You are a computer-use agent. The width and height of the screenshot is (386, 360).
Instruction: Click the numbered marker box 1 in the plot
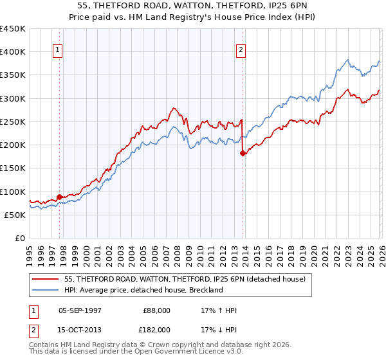click(x=58, y=51)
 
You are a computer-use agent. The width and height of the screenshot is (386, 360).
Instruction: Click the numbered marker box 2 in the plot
click(x=241, y=51)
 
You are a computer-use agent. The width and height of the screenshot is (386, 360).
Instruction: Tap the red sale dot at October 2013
click(x=243, y=153)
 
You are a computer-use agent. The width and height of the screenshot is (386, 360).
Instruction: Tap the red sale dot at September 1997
click(x=60, y=197)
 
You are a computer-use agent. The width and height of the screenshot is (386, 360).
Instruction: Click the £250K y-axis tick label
click(x=13, y=122)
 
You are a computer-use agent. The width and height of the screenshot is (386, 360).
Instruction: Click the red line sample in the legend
click(x=46, y=279)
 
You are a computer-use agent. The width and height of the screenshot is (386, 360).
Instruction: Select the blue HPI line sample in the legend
click(x=46, y=290)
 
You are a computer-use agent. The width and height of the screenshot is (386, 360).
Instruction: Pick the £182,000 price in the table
click(x=157, y=329)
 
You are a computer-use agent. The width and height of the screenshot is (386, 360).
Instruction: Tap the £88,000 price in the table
click(x=157, y=310)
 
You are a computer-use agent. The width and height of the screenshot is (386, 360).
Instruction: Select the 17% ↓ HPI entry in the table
click(x=219, y=329)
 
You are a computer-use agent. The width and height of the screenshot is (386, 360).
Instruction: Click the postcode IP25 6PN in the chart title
click(x=281, y=7)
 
